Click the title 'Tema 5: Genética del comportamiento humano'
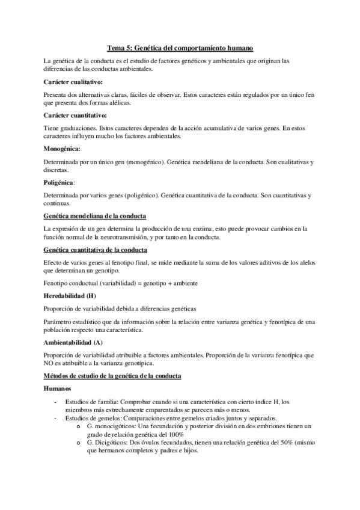point(180,46)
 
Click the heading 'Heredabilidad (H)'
point(70,296)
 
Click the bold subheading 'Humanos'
point(58,390)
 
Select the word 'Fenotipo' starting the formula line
point(56,282)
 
